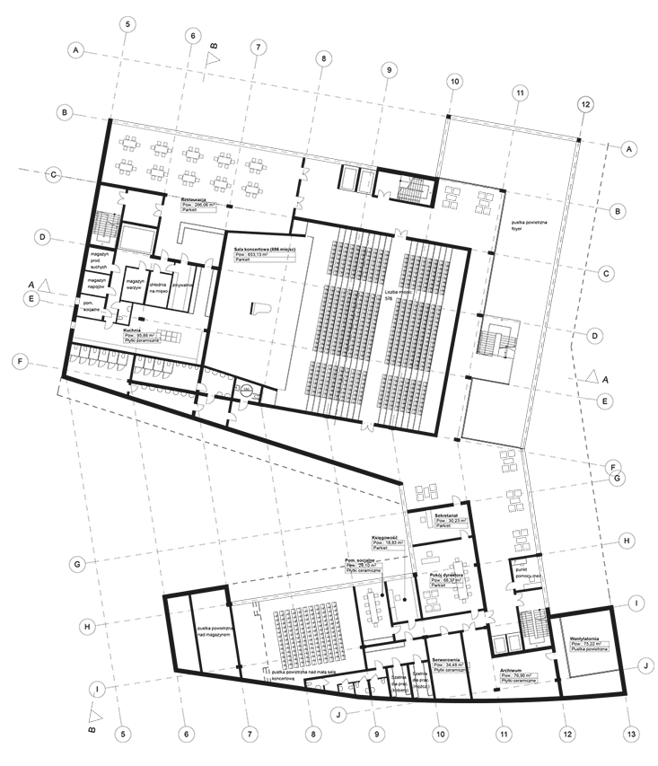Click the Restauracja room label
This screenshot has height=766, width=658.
[195, 198]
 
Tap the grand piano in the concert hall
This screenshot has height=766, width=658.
[254, 305]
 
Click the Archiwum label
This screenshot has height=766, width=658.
[512, 669]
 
